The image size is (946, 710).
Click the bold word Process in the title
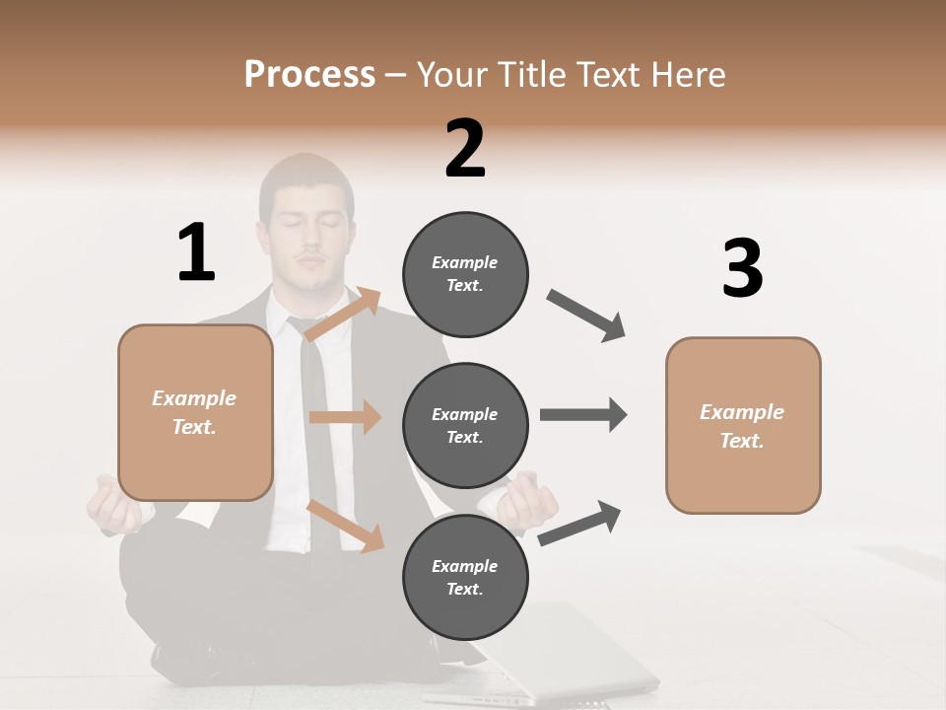click(x=309, y=74)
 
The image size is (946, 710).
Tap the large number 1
click(x=196, y=251)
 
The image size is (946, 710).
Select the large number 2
click(x=465, y=148)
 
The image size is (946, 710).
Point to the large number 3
click(x=742, y=268)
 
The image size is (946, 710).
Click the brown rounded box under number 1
click(x=195, y=412)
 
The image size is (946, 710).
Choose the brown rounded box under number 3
click(x=743, y=425)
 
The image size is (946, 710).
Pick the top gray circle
click(x=465, y=274)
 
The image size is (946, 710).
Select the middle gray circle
click(x=465, y=425)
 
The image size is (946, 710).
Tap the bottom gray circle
click(x=465, y=577)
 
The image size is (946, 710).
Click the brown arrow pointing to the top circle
click(x=343, y=315)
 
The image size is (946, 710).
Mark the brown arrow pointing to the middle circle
click(x=345, y=417)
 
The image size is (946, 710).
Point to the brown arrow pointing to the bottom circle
click(x=345, y=525)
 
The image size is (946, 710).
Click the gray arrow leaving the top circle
click(x=586, y=316)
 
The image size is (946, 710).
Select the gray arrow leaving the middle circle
click(x=582, y=414)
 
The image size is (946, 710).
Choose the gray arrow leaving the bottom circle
click(x=579, y=524)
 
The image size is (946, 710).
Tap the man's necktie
click(x=314, y=414)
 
